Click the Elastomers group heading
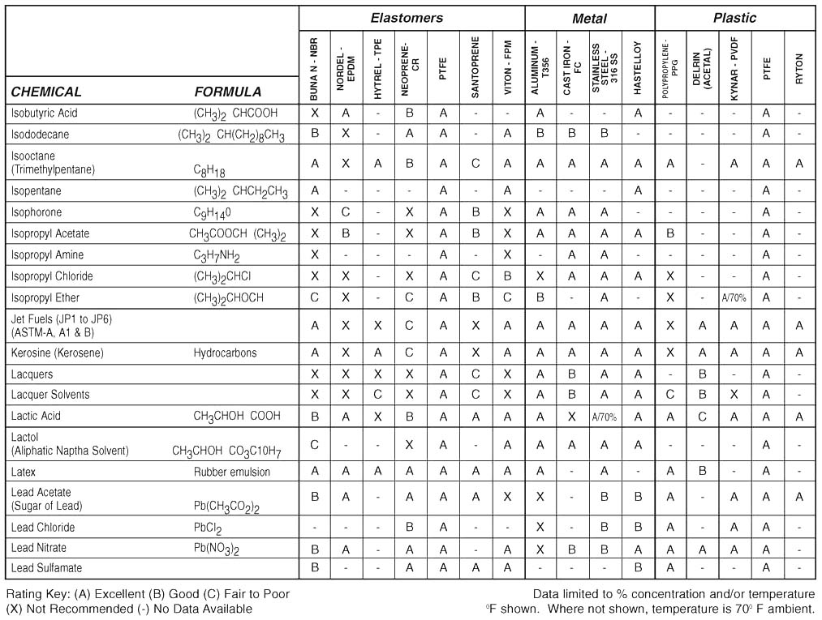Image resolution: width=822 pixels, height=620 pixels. point(407,18)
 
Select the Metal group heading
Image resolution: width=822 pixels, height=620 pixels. point(589,18)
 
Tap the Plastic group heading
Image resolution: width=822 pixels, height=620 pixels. point(734,18)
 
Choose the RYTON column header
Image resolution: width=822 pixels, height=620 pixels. point(799,65)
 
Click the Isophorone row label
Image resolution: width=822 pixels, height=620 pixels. point(36,212)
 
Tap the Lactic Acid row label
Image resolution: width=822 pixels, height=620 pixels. point(36,416)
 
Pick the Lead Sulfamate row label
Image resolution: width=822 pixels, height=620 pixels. point(46,568)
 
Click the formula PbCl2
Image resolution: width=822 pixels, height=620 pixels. point(207,528)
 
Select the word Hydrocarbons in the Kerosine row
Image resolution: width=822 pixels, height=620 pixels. point(225,353)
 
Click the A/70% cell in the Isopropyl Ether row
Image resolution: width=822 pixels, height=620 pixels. point(734,297)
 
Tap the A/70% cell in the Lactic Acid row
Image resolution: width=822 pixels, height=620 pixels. point(605,417)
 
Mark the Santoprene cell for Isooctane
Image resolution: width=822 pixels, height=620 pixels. point(476,163)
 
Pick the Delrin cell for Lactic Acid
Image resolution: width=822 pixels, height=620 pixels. point(702,417)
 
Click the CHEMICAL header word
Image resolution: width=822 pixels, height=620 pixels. point(46,92)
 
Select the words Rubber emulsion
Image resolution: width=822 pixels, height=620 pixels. point(231,472)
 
